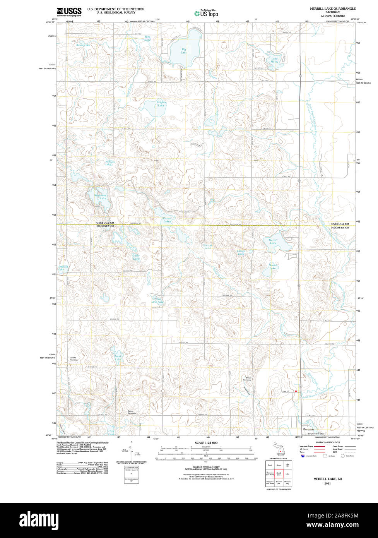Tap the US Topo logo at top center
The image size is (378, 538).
pos(206,13)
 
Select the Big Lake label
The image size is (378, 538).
pos(184,51)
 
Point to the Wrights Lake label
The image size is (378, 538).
pos(161,104)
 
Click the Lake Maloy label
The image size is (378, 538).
pos(274,60)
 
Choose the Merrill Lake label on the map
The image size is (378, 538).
pos(273,242)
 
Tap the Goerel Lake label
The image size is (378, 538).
pos(273,267)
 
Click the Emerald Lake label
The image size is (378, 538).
pos(63,268)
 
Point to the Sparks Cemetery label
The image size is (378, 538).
pos(74,359)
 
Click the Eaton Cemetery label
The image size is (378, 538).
pos(132,413)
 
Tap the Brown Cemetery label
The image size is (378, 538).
pos(248,379)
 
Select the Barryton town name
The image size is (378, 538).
pos(308,429)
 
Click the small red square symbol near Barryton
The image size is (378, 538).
pos(296,391)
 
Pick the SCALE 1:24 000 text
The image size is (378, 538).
pos(206,443)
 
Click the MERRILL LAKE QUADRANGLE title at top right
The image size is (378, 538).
pos(332,9)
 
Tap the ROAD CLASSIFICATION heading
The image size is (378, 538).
pos(327,442)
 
